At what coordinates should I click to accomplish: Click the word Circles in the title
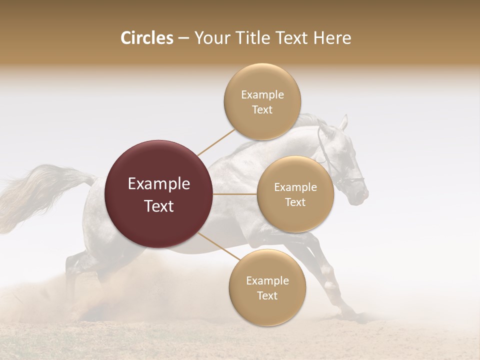(146, 38)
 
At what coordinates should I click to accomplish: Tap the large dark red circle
(158, 194)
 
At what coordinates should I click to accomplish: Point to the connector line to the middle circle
(235, 194)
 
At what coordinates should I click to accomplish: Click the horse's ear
(343, 121)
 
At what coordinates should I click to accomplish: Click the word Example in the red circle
(158, 184)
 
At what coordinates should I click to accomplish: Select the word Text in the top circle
(262, 110)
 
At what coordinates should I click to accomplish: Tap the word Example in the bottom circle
(267, 280)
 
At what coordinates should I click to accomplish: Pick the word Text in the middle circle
(295, 202)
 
